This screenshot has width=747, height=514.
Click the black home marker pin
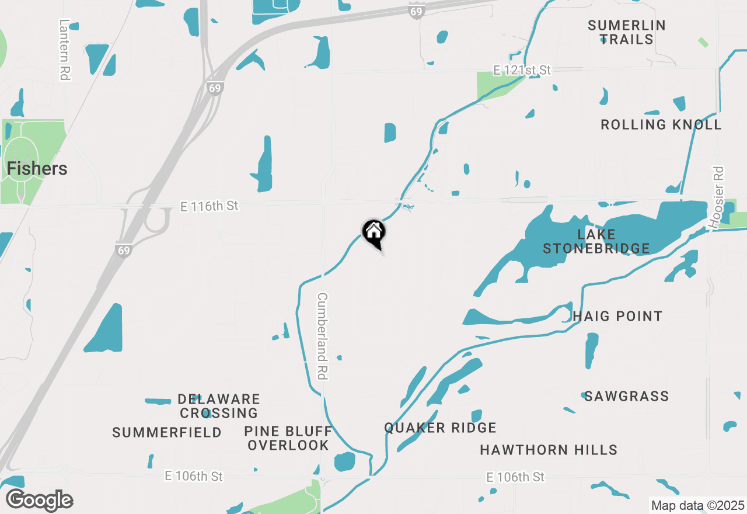point(373,233)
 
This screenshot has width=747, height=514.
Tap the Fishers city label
point(37,169)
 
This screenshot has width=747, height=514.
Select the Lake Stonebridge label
point(596,241)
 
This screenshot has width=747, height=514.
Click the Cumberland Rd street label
point(321,336)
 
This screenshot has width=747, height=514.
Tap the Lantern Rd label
point(64,49)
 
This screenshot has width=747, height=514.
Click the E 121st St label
point(522,70)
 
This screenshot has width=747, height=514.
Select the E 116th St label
point(209,206)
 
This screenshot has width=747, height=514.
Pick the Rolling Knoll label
point(661,124)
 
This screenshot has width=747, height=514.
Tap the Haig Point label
point(617,316)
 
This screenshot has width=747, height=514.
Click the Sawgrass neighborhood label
point(626,396)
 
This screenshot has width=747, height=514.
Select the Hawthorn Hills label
point(548,450)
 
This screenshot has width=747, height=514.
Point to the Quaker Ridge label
point(440,428)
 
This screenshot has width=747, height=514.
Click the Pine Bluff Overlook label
point(288,438)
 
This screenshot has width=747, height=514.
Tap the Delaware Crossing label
point(219,406)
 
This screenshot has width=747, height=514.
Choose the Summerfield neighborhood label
point(167,432)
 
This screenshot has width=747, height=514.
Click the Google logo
point(40,501)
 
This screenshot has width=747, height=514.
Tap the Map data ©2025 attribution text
point(697,505)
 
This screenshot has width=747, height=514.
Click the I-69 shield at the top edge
point(415,12)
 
